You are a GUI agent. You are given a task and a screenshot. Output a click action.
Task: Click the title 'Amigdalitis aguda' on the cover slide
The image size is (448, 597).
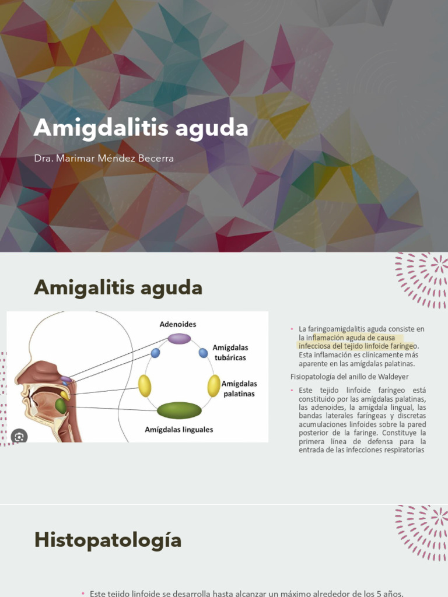click(141, 128)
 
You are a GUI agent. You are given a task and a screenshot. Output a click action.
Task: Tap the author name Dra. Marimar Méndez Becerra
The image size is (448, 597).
click(104, 158)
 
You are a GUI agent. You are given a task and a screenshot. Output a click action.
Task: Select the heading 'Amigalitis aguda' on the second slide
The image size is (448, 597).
click(118, 287)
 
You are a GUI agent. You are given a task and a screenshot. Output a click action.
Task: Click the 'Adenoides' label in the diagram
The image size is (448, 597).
click(178, 324)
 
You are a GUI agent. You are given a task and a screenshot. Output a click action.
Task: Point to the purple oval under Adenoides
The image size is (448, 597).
click(179, 339)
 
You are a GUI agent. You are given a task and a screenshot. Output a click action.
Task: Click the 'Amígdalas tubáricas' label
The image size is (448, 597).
click(230, 352)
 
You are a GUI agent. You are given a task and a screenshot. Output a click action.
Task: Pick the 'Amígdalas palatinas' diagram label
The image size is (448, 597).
click(239, 388)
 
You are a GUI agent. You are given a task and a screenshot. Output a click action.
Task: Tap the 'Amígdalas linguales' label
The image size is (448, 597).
click(179, 430)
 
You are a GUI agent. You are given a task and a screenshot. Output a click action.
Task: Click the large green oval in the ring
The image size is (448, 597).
click(179, 410)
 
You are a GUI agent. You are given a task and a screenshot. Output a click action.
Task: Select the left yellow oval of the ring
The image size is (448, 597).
click(145, 386)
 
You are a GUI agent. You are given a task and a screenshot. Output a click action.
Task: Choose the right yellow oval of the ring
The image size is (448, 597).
click(214, 386)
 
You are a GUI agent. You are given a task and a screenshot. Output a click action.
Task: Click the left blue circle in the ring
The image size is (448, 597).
click(155, 353)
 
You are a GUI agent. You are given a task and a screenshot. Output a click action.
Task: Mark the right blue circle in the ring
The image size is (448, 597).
click(203, 353)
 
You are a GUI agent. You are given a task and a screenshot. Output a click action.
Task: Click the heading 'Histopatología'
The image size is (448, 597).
click(108, 540)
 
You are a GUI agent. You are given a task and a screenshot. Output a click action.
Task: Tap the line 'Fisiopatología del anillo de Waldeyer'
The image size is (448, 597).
click(349, 377)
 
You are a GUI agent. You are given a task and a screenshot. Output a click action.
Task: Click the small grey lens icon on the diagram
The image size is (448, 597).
click(19, 436)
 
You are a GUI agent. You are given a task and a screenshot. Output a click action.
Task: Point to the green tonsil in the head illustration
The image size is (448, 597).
click(61, 406)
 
